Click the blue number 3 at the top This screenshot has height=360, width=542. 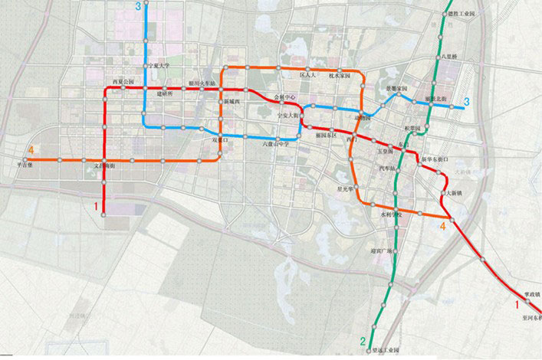click(x=139, y=7)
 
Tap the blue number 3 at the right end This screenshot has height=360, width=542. click(x=467, y=102)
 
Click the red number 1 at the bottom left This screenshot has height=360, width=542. click(x=96, y=207)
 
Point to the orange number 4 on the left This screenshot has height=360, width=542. click(x=31, y=149)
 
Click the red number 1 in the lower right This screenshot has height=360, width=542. click(x=517, y=304)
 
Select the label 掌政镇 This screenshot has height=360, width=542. click(x=527, y=293)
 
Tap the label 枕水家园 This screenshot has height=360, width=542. click(x=339, y=77)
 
